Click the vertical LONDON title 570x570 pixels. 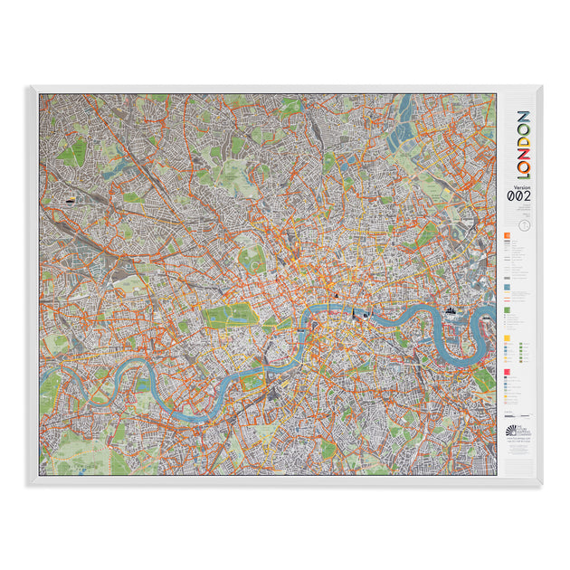(x=522, y=145)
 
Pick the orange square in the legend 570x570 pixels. (x=508, y=239)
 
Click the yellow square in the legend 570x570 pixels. (x=508, y=338)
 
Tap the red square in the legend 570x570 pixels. (x=508, y=372)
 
